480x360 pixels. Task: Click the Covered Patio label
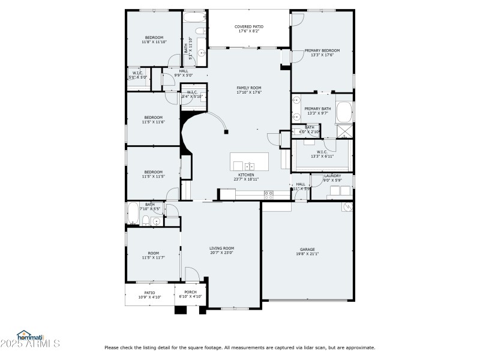point(248,27)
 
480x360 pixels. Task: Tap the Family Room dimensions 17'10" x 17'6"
point(248,92)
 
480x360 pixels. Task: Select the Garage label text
point(307,249)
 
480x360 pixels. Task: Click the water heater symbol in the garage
point(347,207)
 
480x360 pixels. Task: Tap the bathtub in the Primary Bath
point(344,112)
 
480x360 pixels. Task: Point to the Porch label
point(191,292)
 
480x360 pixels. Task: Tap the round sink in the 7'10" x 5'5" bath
point(156,221)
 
